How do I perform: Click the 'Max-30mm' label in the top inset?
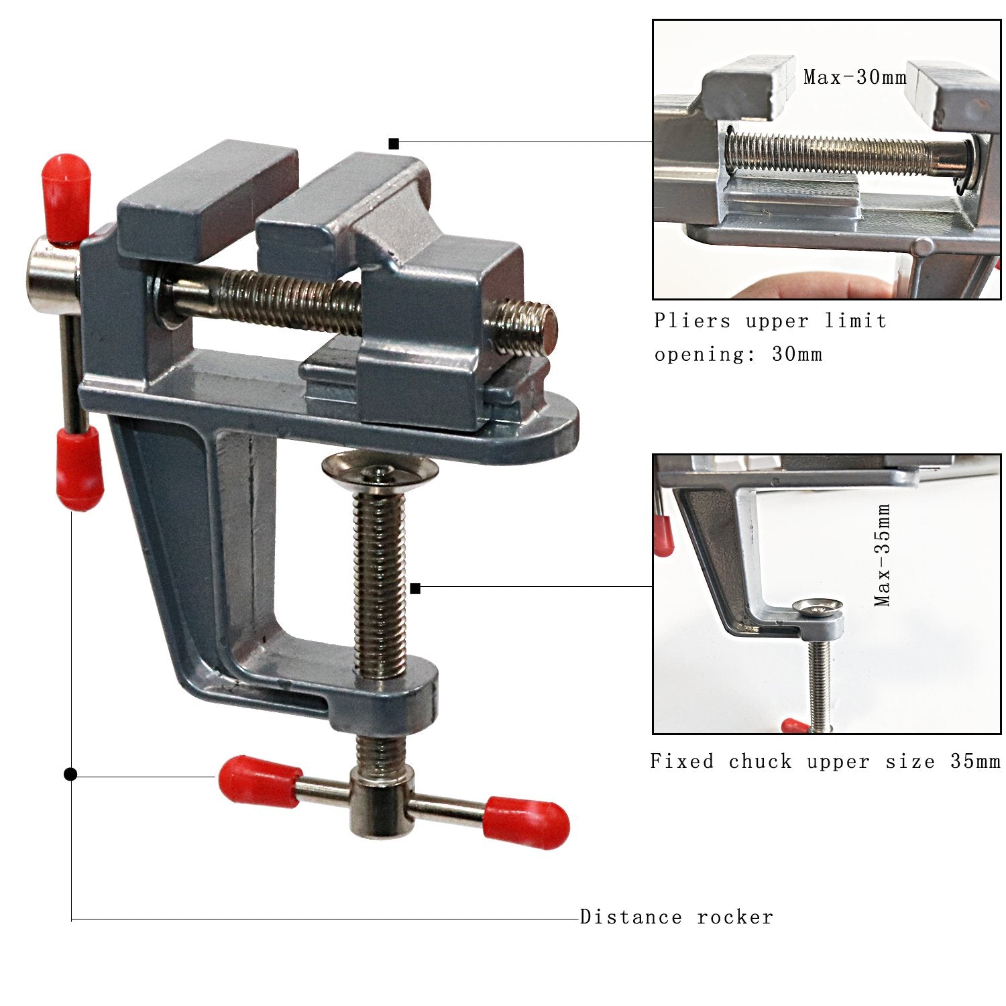click(855, 77)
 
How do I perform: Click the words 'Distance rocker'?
click(676, 917)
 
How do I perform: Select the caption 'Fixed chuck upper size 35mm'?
click(825, 761)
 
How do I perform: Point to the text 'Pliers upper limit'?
click(771, 321)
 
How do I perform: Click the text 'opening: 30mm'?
click(738, 354)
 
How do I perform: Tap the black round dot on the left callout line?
click(70, 775)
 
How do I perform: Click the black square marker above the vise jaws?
click(394, 144)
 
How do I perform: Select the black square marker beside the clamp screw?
click(415, 589)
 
